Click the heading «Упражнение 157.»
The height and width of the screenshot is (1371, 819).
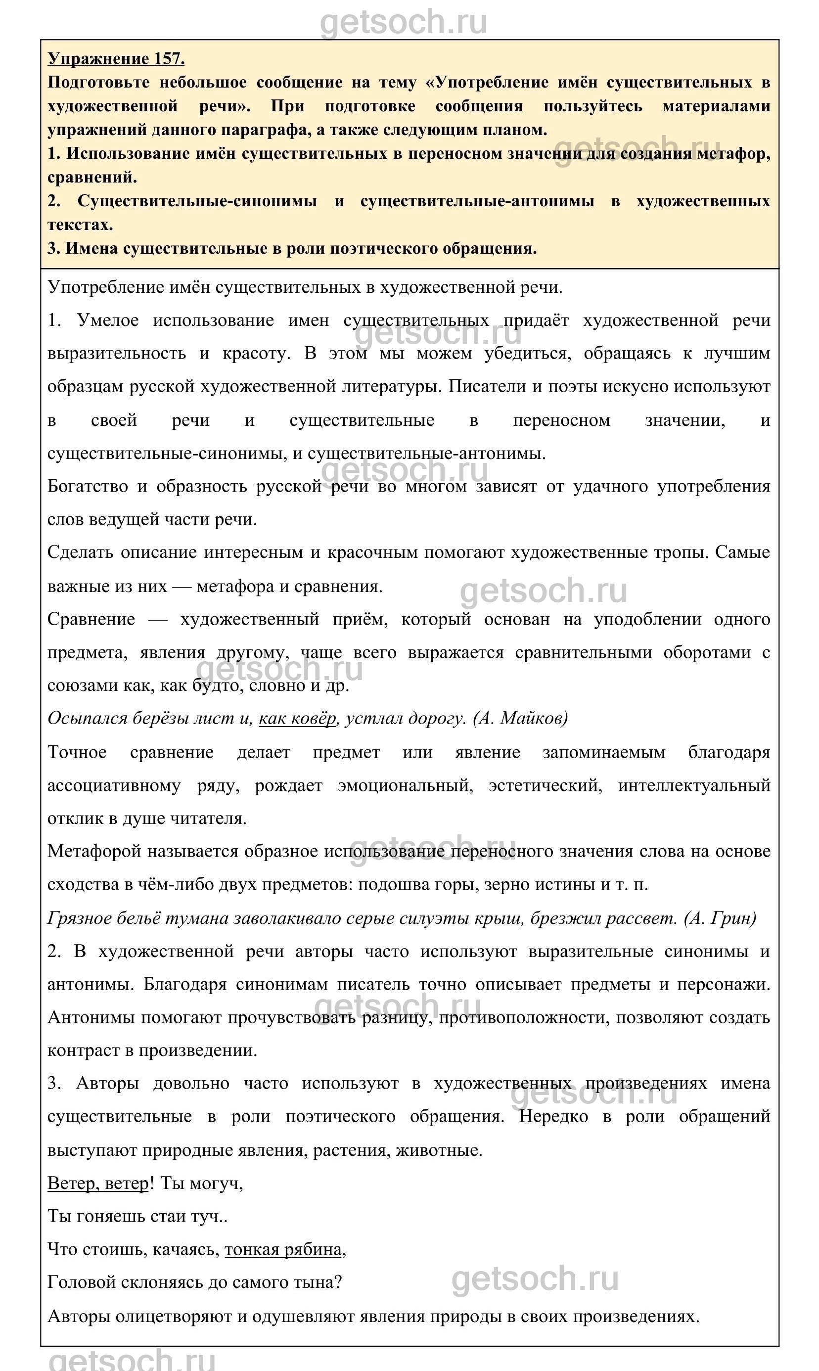pyautogui.click(x=116, y=58)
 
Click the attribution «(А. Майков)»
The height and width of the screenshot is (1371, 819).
pyautogui.click(x=520, y=718)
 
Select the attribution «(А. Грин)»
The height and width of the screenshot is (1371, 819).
pyautogui.click(x=720, y=918)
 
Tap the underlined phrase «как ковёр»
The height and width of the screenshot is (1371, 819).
pyautogui.click(x=297, y=718)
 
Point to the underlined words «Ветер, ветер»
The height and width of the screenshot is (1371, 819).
pyautogui.click(x=98, y=1184)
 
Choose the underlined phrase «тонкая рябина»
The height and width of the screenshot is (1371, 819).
pyautogui.click(x=283, y=1249)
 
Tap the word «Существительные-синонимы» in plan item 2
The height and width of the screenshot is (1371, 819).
pyautogui.click(x=197, y=201)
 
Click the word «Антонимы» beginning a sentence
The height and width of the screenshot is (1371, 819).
pyautogui.click(x=91, y=1017)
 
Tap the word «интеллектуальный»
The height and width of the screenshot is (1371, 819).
pyautogui.click(x=694, y=785)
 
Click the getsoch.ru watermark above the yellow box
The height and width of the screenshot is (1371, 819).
pyautogui.click(x=404, y=22)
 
